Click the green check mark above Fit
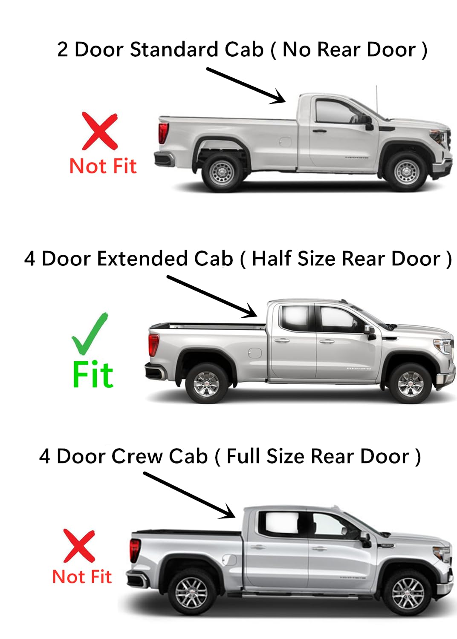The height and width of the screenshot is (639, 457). point(90,335)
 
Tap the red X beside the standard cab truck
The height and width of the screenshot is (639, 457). point(100,131)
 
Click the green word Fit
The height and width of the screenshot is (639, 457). point(93,375)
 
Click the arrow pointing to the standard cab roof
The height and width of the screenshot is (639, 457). point(246,85)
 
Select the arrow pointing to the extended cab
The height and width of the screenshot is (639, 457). point(212,296)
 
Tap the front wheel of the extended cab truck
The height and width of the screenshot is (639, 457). point(410,383)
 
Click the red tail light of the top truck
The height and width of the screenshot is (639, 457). point(163,132)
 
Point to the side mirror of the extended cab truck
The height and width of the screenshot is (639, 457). point(370,331)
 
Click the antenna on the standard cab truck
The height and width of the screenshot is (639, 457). point(376,99)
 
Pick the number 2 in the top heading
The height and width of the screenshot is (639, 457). point(62,49)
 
